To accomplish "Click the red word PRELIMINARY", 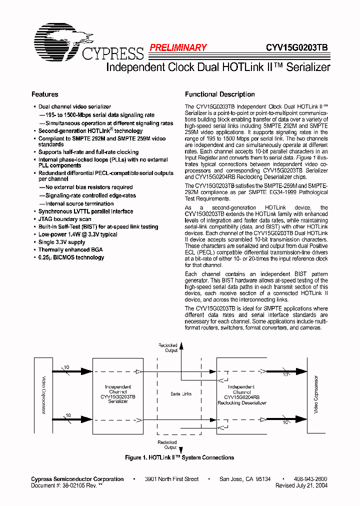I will tap(178, 48).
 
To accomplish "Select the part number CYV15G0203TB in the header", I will tap(297, 48).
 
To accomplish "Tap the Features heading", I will tap(45, 94).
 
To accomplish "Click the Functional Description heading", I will tap(219, 94).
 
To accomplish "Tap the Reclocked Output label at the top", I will tap(168, 348).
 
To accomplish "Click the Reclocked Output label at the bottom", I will tap(167, 445).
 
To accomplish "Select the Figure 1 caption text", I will tap(179, 457).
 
